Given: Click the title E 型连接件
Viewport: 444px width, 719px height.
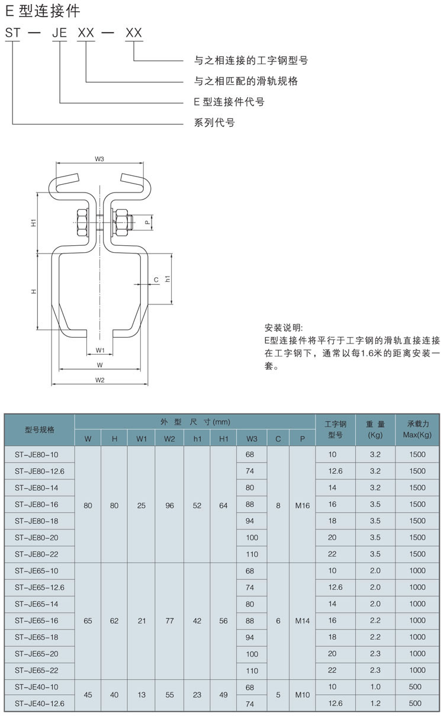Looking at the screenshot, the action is [43, 12].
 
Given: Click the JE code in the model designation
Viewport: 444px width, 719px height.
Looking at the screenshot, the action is [59, 33].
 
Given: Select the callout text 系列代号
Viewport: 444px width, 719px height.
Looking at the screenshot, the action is [214, 122].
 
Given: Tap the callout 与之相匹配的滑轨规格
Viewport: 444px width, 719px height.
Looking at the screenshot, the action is [246, 81].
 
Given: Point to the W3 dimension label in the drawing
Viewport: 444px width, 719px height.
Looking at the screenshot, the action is [99, 159].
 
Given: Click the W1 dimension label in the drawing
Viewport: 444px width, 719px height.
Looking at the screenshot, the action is [100, 350].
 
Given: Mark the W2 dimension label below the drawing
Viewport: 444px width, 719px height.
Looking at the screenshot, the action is [100, 380].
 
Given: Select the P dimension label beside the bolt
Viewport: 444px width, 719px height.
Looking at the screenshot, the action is [147, 222].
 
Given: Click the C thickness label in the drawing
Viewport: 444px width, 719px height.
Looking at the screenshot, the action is [156, 280].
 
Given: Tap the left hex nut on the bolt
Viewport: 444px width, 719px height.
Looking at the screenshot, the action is [82, 223].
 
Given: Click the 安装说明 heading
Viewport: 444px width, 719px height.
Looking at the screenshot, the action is [284, 328].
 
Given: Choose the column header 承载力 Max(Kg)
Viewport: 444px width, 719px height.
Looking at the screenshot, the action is [417, 429].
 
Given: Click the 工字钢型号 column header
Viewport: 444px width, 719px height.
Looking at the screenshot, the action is [335, 429].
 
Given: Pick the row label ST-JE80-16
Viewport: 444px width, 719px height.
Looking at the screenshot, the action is [37, 504].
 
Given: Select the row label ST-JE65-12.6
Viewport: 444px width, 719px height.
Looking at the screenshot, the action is [40, 587].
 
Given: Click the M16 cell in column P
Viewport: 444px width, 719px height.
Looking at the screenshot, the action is [302, 505].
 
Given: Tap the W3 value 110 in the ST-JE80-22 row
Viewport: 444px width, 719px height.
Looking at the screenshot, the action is [252, 554].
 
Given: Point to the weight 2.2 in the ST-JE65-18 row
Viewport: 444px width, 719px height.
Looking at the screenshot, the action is [375, 637].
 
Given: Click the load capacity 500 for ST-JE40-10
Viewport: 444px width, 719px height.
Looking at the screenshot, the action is [415, 686].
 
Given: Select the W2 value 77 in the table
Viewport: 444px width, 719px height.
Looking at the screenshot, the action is [169, 621].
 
